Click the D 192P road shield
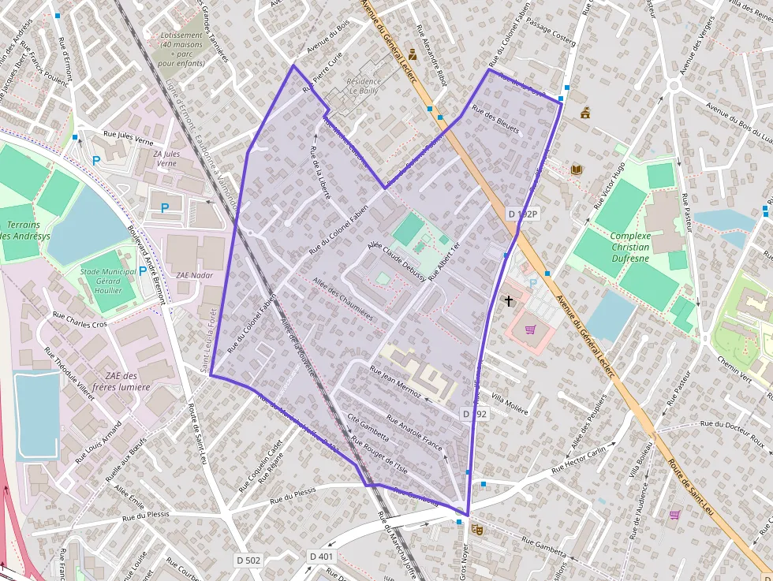[522, 214]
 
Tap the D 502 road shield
[248, 559]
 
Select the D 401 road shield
[321, 556]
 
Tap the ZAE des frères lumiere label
[115, 382]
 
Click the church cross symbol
[509, 300]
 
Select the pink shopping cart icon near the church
[530, 330]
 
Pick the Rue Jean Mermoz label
[397, 381]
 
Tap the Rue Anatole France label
[415, 430]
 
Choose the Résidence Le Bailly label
[364, 86]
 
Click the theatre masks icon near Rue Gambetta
[476, 529]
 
